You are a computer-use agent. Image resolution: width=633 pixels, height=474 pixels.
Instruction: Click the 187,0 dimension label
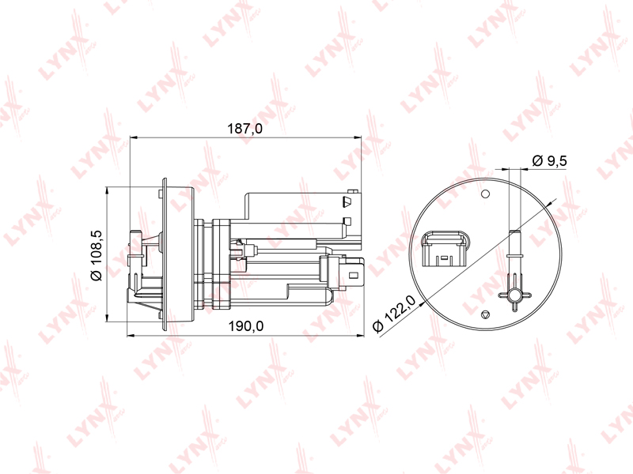click(x=245, y=129)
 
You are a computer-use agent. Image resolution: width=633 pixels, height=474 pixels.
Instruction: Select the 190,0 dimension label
click(x=246, y=325)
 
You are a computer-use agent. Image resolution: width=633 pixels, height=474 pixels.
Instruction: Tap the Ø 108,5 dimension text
click(x=97, y=255)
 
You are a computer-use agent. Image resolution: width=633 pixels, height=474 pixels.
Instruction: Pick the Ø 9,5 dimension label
click(x=550, y=161)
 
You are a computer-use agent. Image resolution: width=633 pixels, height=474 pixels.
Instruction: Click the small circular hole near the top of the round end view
click(x=486, y=194)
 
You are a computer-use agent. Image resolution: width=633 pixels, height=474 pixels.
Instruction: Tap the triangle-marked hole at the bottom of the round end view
click(x=486, y=314)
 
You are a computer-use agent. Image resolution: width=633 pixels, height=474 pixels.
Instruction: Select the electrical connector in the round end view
click(x=444, y=249)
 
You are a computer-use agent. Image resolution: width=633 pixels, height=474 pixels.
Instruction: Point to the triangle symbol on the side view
click(x=347, y=201)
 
